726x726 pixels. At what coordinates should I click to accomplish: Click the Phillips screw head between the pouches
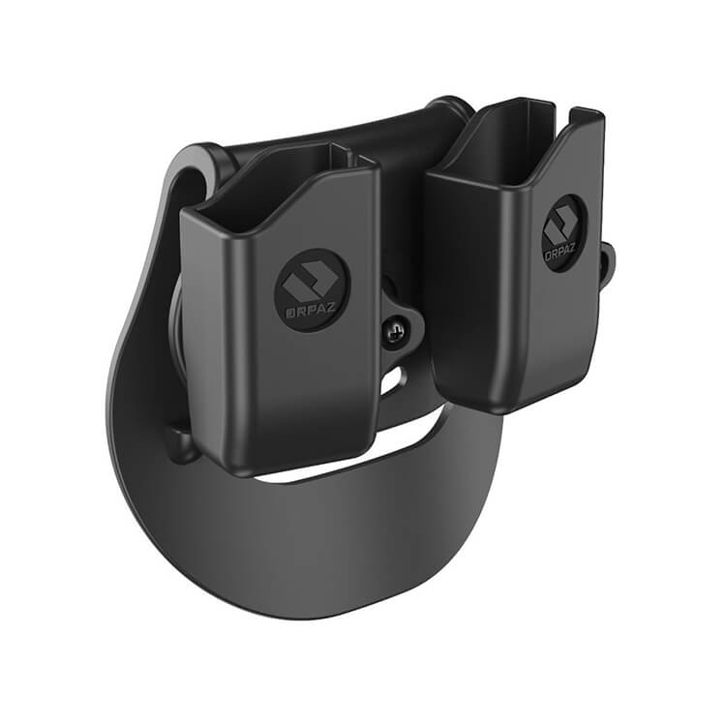395,331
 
